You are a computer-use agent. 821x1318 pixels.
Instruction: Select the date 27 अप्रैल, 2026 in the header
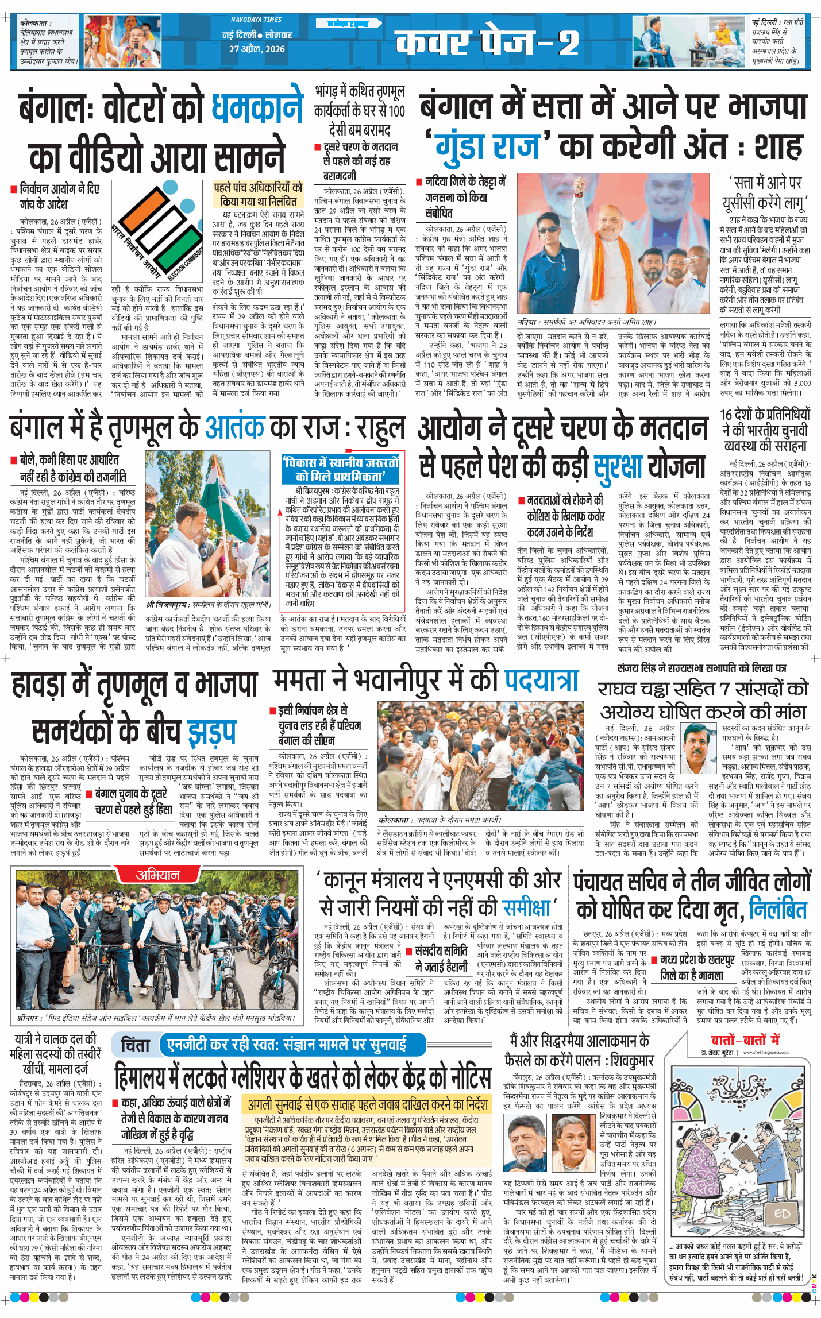click(257, 49)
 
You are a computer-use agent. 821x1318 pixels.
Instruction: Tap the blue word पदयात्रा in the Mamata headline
click(541, 681)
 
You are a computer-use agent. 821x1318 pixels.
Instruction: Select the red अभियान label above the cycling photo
click(157, 875)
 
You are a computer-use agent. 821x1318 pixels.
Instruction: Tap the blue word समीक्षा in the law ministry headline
click(526, 907)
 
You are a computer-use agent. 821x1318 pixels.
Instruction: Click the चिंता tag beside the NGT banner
click(135, 1045)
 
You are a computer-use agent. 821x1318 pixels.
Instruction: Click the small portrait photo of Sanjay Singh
click(699, 741)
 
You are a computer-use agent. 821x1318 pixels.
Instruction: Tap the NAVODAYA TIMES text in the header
click(256, 20)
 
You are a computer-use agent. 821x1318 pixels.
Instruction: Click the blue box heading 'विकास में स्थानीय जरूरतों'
click(341, 469)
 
